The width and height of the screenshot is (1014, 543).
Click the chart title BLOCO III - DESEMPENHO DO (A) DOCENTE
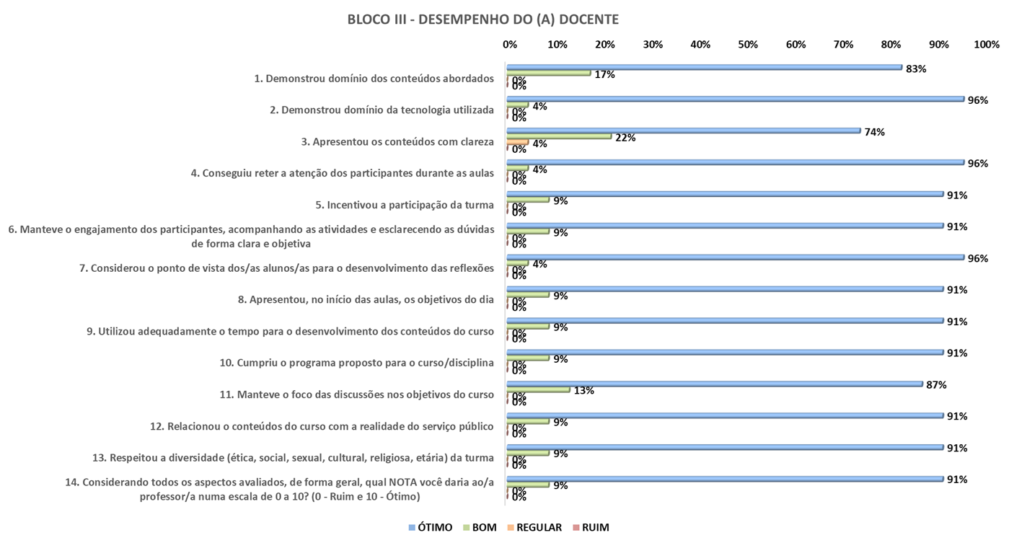pos(482,19)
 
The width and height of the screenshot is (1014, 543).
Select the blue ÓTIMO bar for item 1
pos(704,67)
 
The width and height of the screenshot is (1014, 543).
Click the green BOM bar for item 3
pos(559,136)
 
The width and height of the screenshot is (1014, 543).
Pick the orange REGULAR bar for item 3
pos(517,142)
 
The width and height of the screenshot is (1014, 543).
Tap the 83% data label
pos(916,69)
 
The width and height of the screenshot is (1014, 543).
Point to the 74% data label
pos(874,132)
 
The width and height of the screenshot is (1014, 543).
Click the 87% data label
pos(936,385)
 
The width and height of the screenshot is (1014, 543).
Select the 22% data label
pos(625,138)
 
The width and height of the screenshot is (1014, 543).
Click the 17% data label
pos(604,74)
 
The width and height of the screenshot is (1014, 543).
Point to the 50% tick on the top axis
pos(748,45)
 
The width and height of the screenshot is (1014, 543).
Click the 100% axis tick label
pos(986,45)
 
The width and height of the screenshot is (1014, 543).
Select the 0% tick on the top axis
pos(510,45)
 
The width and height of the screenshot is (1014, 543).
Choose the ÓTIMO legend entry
pos(431,527)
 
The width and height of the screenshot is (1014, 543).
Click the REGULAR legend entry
pos(534,527)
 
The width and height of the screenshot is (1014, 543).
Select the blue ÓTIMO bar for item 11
pos(714,384)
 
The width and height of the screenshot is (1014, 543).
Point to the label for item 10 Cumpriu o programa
pos(356,363)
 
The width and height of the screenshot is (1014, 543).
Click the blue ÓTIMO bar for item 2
pos(735,99)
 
